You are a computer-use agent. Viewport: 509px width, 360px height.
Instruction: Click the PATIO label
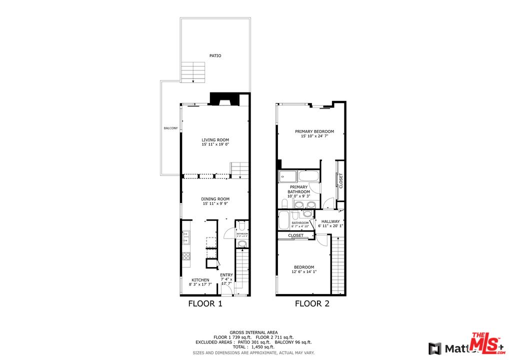pyautogui.click(x=215, y=56)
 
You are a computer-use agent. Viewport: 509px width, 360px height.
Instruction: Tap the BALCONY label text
pyautogui.click(x=170, y=128)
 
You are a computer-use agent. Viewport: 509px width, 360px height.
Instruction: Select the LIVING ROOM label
pyautogui.click(x=215, y=140)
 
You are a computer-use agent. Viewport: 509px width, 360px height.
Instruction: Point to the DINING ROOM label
pyautogui.click(x=215, y=199)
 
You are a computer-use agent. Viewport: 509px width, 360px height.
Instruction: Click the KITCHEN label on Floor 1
pyautogui.click(x=200, y=280)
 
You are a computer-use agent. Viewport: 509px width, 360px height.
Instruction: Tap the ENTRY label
pyautogui.click(x=226, y=275)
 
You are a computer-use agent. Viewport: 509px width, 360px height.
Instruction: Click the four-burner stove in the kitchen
pyautogui.click(x=186, y=256)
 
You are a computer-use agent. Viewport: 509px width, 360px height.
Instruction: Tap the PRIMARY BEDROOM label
pyautogui.click(x=314, y=132)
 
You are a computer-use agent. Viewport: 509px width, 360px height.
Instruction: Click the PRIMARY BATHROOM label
pyautogui.click(x=298, y=189)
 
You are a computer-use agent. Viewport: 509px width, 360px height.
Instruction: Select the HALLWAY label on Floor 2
pyautogui.click(x=330, y=221)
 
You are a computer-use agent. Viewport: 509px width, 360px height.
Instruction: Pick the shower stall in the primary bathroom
pyautogui.click(x=287, y=176)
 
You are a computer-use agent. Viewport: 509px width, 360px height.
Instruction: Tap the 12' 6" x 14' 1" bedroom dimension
pyautogui.click(x=304, y=272)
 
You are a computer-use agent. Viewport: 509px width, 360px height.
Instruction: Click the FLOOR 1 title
pyautogui.click(x=205, y=303)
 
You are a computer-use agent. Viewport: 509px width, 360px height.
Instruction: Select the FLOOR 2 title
pyautogui.click(x=312, y=303)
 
